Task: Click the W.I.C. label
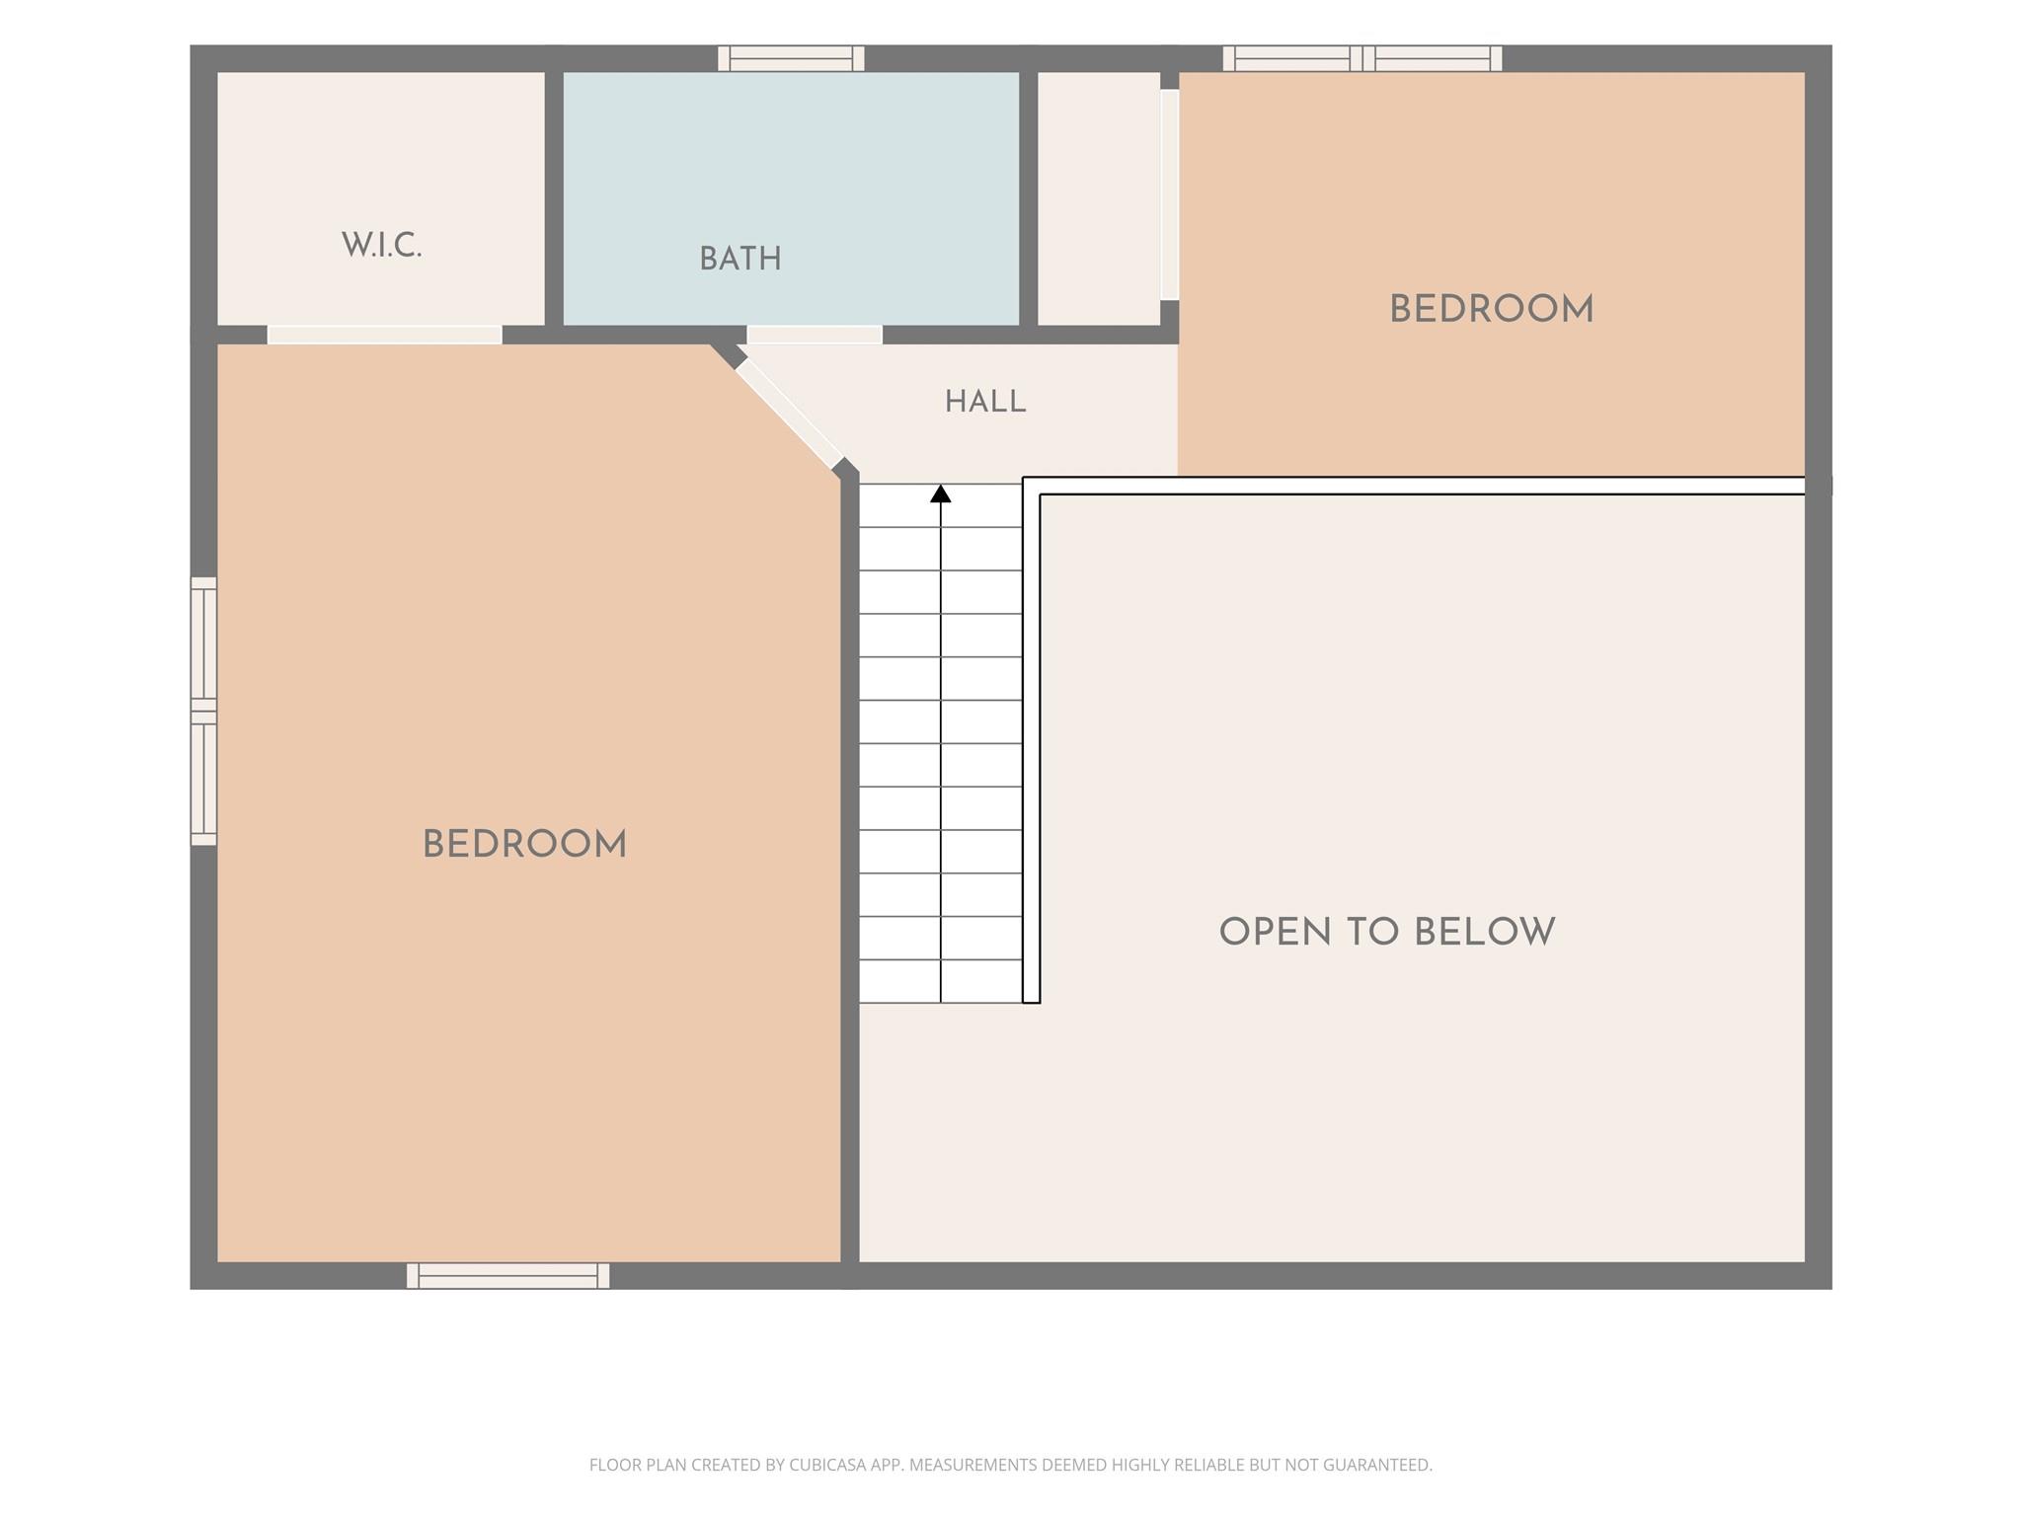point(381,245)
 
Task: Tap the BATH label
point(740,260)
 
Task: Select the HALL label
point(985,402)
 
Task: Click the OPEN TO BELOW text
point(1387,932)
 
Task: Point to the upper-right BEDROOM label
point(1491,309)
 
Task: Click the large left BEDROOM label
point(524,844)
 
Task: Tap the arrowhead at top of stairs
point(941,493)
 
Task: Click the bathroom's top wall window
point(791,58)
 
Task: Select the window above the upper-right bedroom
point(1362,58)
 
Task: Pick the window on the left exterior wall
point(203,711)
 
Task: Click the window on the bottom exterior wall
point(508,1275)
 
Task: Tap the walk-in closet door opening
point(385,335)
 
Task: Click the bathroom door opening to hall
point(815,335)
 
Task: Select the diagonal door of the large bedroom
point(789,414)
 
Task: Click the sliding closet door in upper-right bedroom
point(1169,194)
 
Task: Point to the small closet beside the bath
point(1099,197)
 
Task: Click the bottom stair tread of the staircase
point(941,981)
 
